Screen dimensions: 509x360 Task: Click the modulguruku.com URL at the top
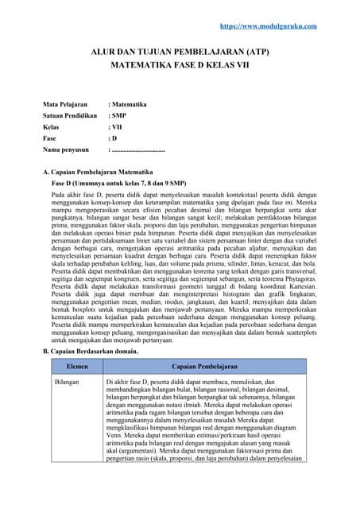click(268, 26)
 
